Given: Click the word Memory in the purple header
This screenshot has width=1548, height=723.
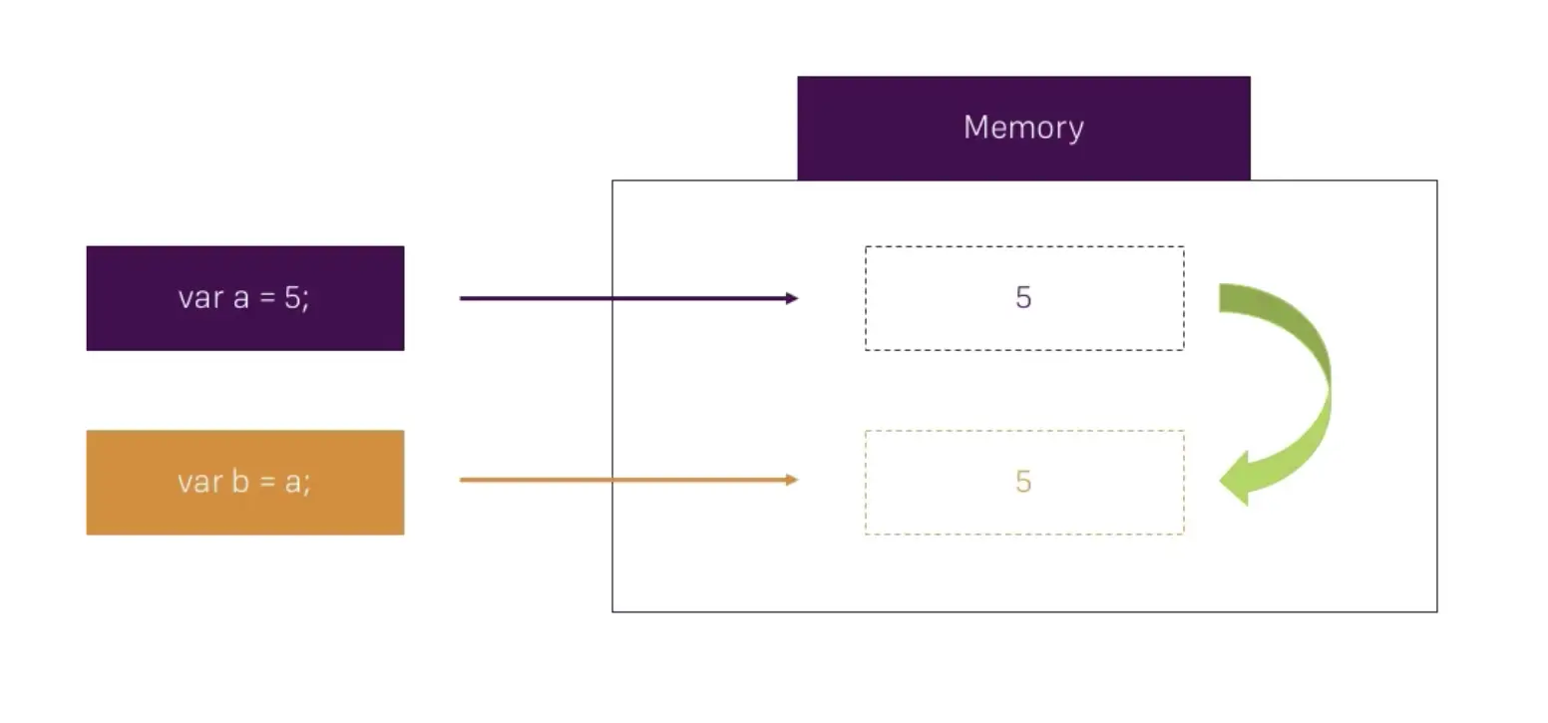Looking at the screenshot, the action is [x=1023, y=128].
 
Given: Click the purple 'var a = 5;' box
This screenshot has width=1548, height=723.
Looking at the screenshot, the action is [x=245, y=298].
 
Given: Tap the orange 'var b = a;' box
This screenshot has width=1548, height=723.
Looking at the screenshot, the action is [x=245, y=483].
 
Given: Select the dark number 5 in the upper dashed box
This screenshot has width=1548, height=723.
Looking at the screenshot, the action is [x=1023, y=298].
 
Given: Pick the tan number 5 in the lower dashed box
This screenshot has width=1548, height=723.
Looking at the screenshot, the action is [x=1023, y=482].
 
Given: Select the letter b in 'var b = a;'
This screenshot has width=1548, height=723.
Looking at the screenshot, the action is [x=240, y=482].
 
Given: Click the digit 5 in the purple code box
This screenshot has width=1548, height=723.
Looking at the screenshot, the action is [x=291, y=298].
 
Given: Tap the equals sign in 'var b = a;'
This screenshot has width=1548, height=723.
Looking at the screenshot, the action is [x=267, y=483].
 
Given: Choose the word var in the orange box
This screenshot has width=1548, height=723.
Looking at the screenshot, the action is [x=200, y=484].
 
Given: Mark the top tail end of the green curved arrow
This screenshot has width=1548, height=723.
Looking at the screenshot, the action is [x=1220, y=298].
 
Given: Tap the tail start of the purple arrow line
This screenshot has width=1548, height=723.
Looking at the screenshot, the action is [x=461, y=298].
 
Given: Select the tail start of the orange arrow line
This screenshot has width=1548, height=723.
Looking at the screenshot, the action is [x=461, y=480].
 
